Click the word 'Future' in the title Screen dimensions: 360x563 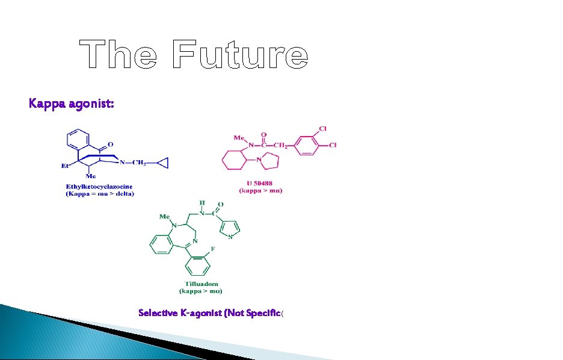click(239, 55)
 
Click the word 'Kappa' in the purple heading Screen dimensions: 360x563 click(46, 104)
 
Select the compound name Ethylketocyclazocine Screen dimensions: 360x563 click(99, 187)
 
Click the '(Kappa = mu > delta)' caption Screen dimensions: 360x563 click(100, 194)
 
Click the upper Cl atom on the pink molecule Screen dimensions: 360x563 click(323, 129)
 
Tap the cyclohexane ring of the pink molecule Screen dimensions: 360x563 click(233, 161)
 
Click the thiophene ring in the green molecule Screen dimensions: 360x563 click(230, 228)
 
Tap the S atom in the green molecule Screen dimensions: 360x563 click(230, 237)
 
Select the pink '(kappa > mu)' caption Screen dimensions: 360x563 click(261, 191)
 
